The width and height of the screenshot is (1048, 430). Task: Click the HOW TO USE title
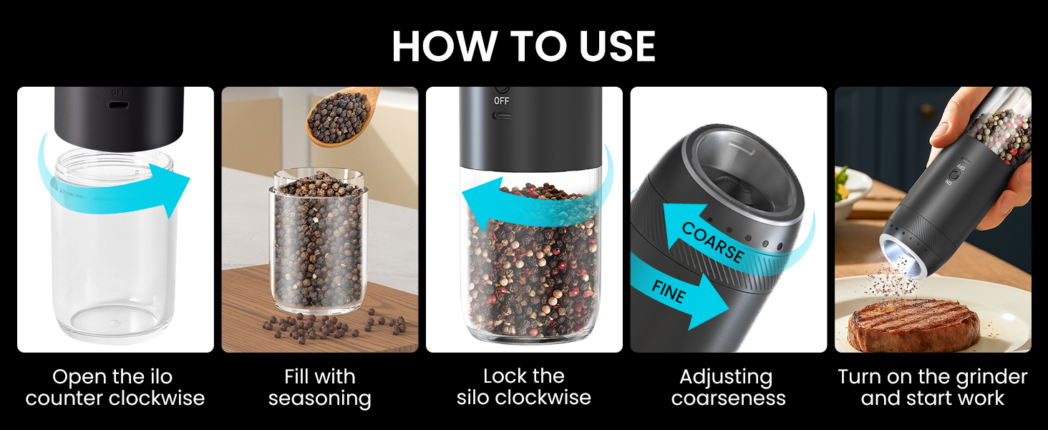pos(524,47)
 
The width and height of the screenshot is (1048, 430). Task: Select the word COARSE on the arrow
pos(713,242)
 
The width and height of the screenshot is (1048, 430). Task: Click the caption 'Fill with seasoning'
pos(319,387)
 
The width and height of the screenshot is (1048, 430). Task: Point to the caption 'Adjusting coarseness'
pos(728,387)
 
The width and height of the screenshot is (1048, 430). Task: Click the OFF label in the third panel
pos(502,101)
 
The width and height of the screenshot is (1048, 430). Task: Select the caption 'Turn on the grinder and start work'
pos(932,387)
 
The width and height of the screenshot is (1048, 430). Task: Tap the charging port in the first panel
pos(117,105)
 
